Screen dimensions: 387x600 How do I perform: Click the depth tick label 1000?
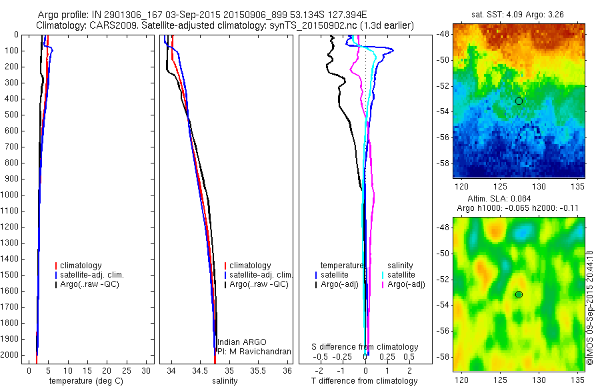pos(11,195)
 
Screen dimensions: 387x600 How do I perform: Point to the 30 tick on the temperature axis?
pos(147,370)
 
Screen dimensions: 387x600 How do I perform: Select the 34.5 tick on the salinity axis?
pos(201,370)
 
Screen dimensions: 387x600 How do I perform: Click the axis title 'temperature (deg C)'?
pos(84,381)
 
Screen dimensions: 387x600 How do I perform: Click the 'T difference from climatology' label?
pos(365,381)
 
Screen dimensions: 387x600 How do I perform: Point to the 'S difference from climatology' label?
pos(365,347)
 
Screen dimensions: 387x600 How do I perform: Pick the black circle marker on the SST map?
pos(519,101)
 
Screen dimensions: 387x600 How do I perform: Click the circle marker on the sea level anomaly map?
pos(519,294)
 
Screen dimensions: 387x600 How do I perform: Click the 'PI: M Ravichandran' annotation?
pos(253,351)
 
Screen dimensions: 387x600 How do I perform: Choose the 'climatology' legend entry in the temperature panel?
pos(81,266)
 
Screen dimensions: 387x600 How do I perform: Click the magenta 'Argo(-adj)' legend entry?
pos(406,284)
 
